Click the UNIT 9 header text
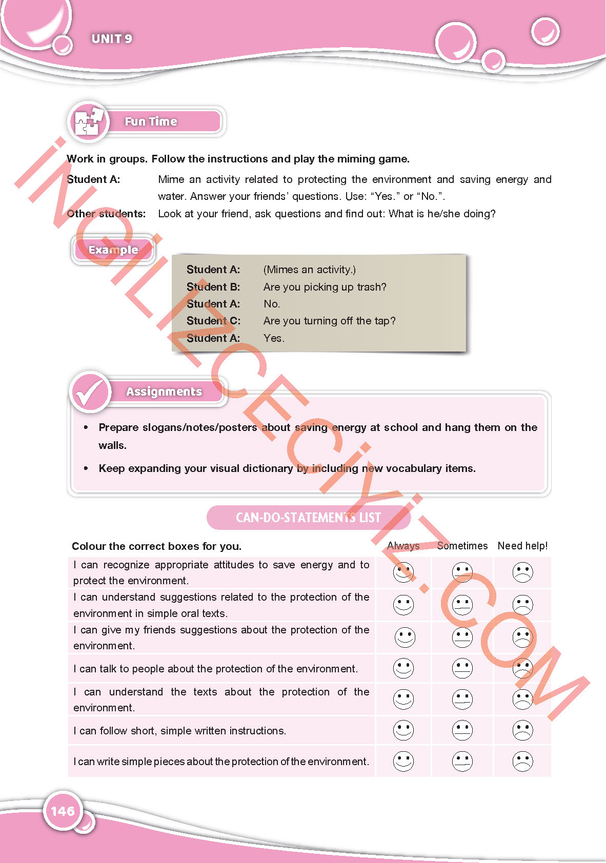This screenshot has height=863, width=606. [x=112, y=39]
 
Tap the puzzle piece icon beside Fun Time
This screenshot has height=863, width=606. [x=88, y=121]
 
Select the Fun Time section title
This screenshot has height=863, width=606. [x=151, y=121]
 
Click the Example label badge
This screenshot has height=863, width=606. [x=113, y=250]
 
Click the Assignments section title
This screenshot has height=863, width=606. [x=164, y=392]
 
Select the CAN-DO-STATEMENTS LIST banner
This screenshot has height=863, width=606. [x=308, y=518]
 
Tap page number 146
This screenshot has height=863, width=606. [x=63, y=811]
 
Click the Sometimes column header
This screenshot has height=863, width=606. [x=462, y=546]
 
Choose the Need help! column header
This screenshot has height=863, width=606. [x=522, y=546]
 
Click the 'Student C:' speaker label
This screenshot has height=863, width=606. [x=213, y=321]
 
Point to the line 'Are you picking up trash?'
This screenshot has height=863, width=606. [x=325, y=287]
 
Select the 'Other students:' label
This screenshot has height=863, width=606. [x=106, y=214]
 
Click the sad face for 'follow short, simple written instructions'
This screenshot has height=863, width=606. [x=522, y=730]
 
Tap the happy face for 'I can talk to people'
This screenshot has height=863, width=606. [x=403, y=668]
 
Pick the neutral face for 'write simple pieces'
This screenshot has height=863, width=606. [x=462, y=762]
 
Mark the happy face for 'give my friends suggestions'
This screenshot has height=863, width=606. [x=405, y=638]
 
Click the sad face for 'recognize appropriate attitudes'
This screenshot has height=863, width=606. [x=522, y=572]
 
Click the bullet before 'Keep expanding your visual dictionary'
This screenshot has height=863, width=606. [x=86, y=468]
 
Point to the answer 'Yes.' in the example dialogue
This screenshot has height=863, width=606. [x=274, y=338]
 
